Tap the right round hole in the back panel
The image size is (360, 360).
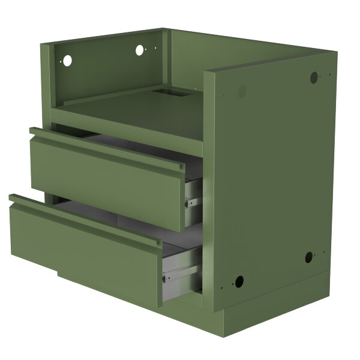[139, 50]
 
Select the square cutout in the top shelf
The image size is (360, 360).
[166, 93]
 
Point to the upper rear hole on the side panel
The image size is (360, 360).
[314, 77]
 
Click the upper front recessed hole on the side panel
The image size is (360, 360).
[241, 91]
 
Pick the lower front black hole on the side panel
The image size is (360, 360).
[238, 281]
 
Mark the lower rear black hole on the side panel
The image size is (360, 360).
[308, 257]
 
